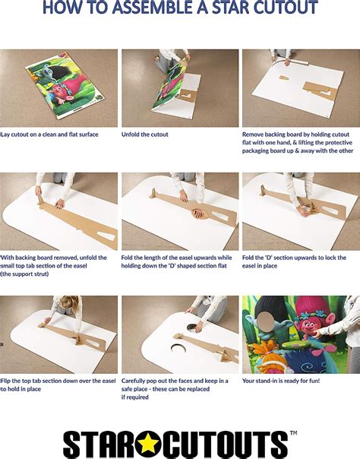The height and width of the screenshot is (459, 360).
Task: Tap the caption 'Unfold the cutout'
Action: (145, 135)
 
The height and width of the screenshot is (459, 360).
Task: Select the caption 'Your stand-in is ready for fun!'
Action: (281, 381)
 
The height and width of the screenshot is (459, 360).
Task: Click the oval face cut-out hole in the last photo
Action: (266, 321)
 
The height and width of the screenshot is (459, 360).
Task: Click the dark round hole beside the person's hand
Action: (191, 327)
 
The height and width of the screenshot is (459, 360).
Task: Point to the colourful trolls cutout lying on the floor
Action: (65, 85)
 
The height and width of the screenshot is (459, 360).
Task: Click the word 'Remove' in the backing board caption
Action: (253, 135)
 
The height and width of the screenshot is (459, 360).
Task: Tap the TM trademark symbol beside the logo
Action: (293, 433)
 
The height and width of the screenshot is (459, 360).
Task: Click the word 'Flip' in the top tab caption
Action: (5, 381)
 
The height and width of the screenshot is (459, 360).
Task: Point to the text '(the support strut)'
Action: (24, 274)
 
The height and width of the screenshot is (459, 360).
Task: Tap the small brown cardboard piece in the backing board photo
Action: (284, 78)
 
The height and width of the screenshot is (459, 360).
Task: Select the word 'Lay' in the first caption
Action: (5, 135)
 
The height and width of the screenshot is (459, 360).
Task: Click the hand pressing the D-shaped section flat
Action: (199, 213)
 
